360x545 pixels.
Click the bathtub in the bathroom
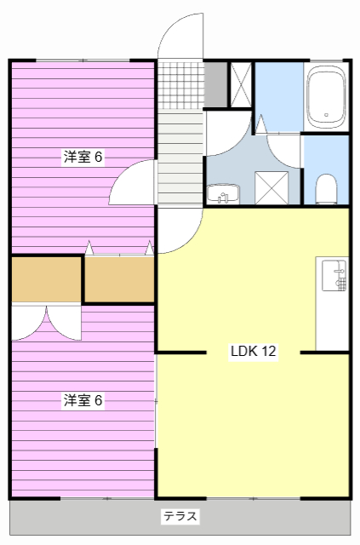pyautogui.click(x=327, y=96)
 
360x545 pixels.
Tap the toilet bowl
pyautogui.click(x=326, y=189)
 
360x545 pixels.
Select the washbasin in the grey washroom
pyautogui.click(x=224, y=197)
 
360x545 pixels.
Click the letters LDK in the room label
pyautogui.click(x=243, y=352)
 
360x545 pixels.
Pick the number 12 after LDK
pyautogui.click(x=268, y=352)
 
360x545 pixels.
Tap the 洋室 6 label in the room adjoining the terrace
pyautogui.click(x=83, y=400)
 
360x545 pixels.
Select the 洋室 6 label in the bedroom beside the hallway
pyautogui.click(x=83, y=157)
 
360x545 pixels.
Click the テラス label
pyautogui.click(x=180, y=516)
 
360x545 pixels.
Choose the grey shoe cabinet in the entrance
pyautogui.click(x=215, y=83)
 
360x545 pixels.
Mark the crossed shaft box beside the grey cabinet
pyautogui.click(x=241, y=83)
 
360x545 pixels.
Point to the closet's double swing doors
pyautogui.click(x=46, y=322)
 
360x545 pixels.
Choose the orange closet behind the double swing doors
pyautogui.click(x=46, y=278)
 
